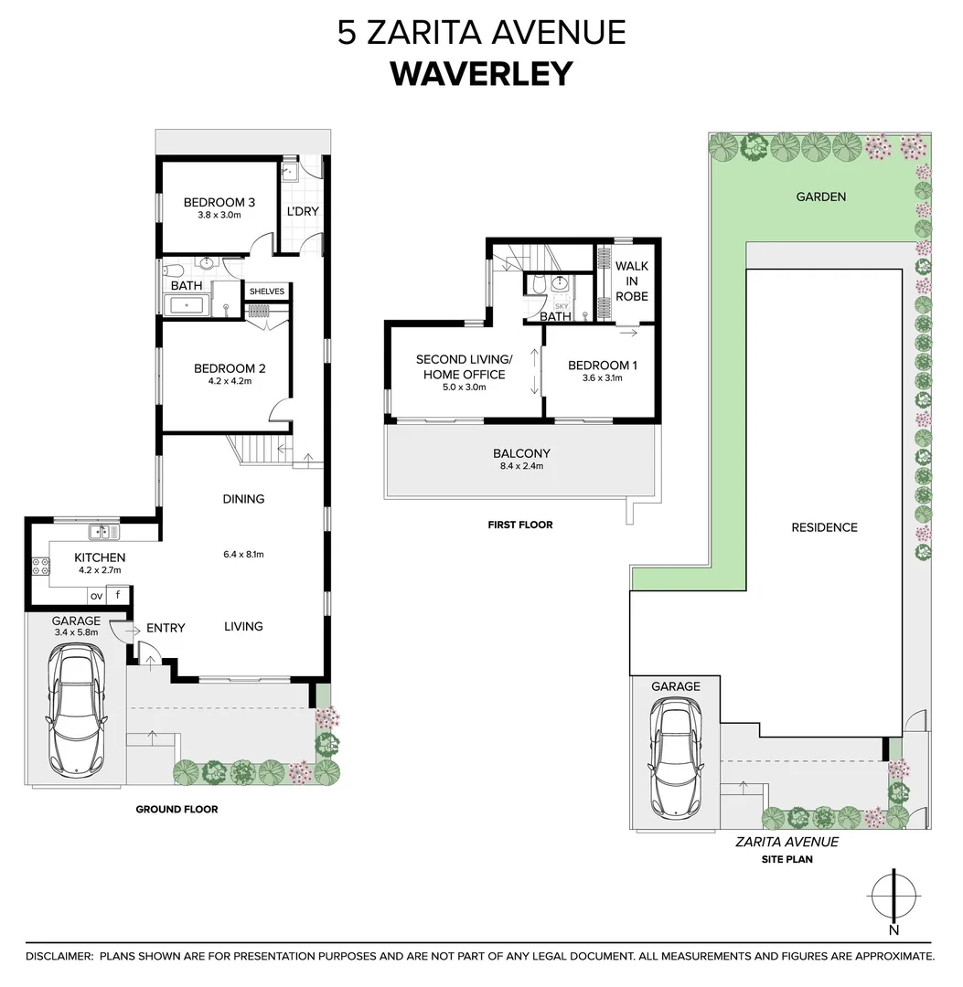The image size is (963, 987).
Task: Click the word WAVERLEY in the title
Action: [x=481, y=73]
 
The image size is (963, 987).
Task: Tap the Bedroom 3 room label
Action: [x=219, y=203]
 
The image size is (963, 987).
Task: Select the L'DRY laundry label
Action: [x=303, y=212]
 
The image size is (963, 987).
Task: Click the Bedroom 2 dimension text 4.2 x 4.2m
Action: [x=229, y=382]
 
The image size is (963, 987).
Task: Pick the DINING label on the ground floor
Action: [x=243, y=499]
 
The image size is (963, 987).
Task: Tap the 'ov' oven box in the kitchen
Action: [x=96, y=596]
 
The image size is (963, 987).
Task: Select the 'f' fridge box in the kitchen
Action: [x=119, y=596]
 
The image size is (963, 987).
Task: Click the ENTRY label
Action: [x=166, y=628]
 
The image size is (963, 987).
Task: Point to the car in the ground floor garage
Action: [x=74, y=699]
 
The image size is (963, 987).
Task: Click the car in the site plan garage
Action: [x=675, y=758]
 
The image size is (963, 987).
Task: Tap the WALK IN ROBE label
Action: [x=631, y=281]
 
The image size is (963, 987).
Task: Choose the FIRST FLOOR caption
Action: [x=521, y=525]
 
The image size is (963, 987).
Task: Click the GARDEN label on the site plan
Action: [x=820, y=196]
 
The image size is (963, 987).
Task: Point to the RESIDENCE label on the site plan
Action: [x=824, y=527]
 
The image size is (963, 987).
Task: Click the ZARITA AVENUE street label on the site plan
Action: [x=787, y=843]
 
